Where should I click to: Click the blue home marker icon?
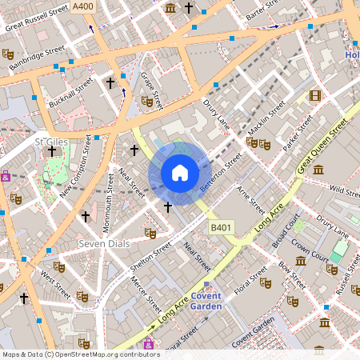(180, 173)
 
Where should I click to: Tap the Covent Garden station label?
(206, 300)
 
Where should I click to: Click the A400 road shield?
(82, 6)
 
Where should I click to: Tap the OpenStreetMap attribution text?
(80, 354)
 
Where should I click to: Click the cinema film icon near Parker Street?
(314, 96)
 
